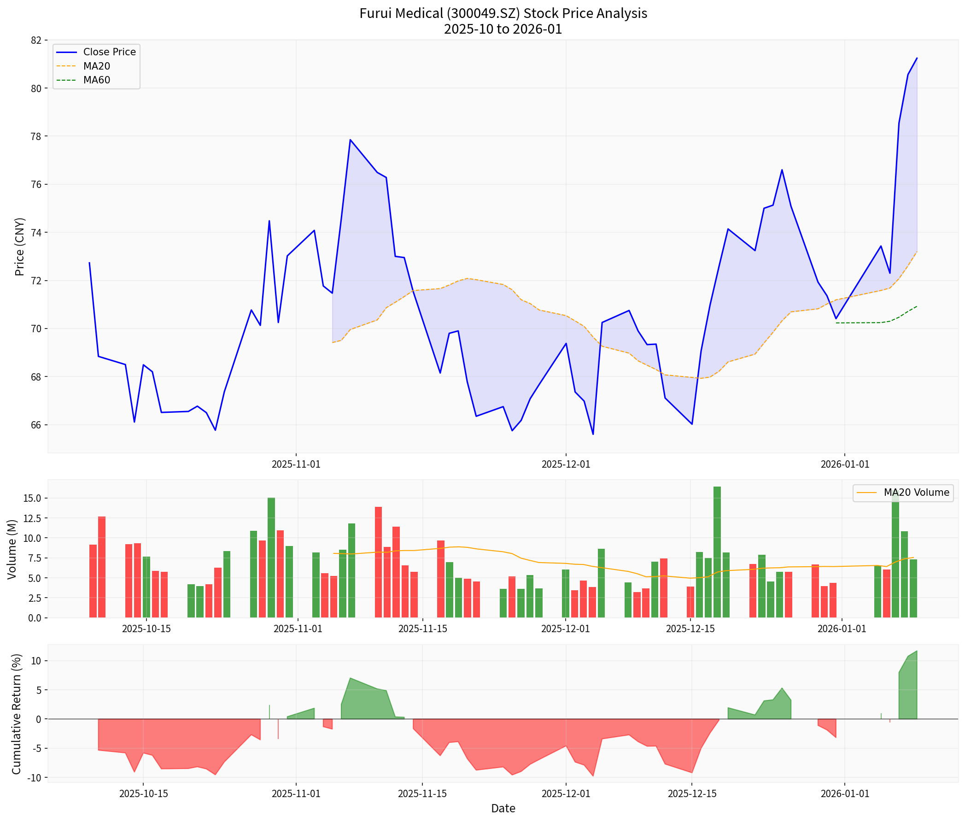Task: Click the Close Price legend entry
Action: pos(109,52)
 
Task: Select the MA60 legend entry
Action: pos(96,80)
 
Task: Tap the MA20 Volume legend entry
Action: pos(915,493)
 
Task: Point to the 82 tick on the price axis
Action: pos(35,41)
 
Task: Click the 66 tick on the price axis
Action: pos(35,425)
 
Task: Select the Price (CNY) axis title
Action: pos(19,247)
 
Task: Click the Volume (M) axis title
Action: pos(12,549)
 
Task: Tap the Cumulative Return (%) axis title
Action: pos(17,714)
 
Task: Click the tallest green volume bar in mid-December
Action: pos(717,552)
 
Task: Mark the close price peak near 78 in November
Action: pos(350,140)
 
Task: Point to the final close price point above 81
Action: pos(917,58)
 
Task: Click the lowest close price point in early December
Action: pos(593,434)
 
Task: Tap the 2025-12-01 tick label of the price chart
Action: pos(566,464)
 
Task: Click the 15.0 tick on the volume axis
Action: pos(32,499)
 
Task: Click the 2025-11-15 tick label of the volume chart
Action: pos(422,628)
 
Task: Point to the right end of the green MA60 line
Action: pos(917,306)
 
